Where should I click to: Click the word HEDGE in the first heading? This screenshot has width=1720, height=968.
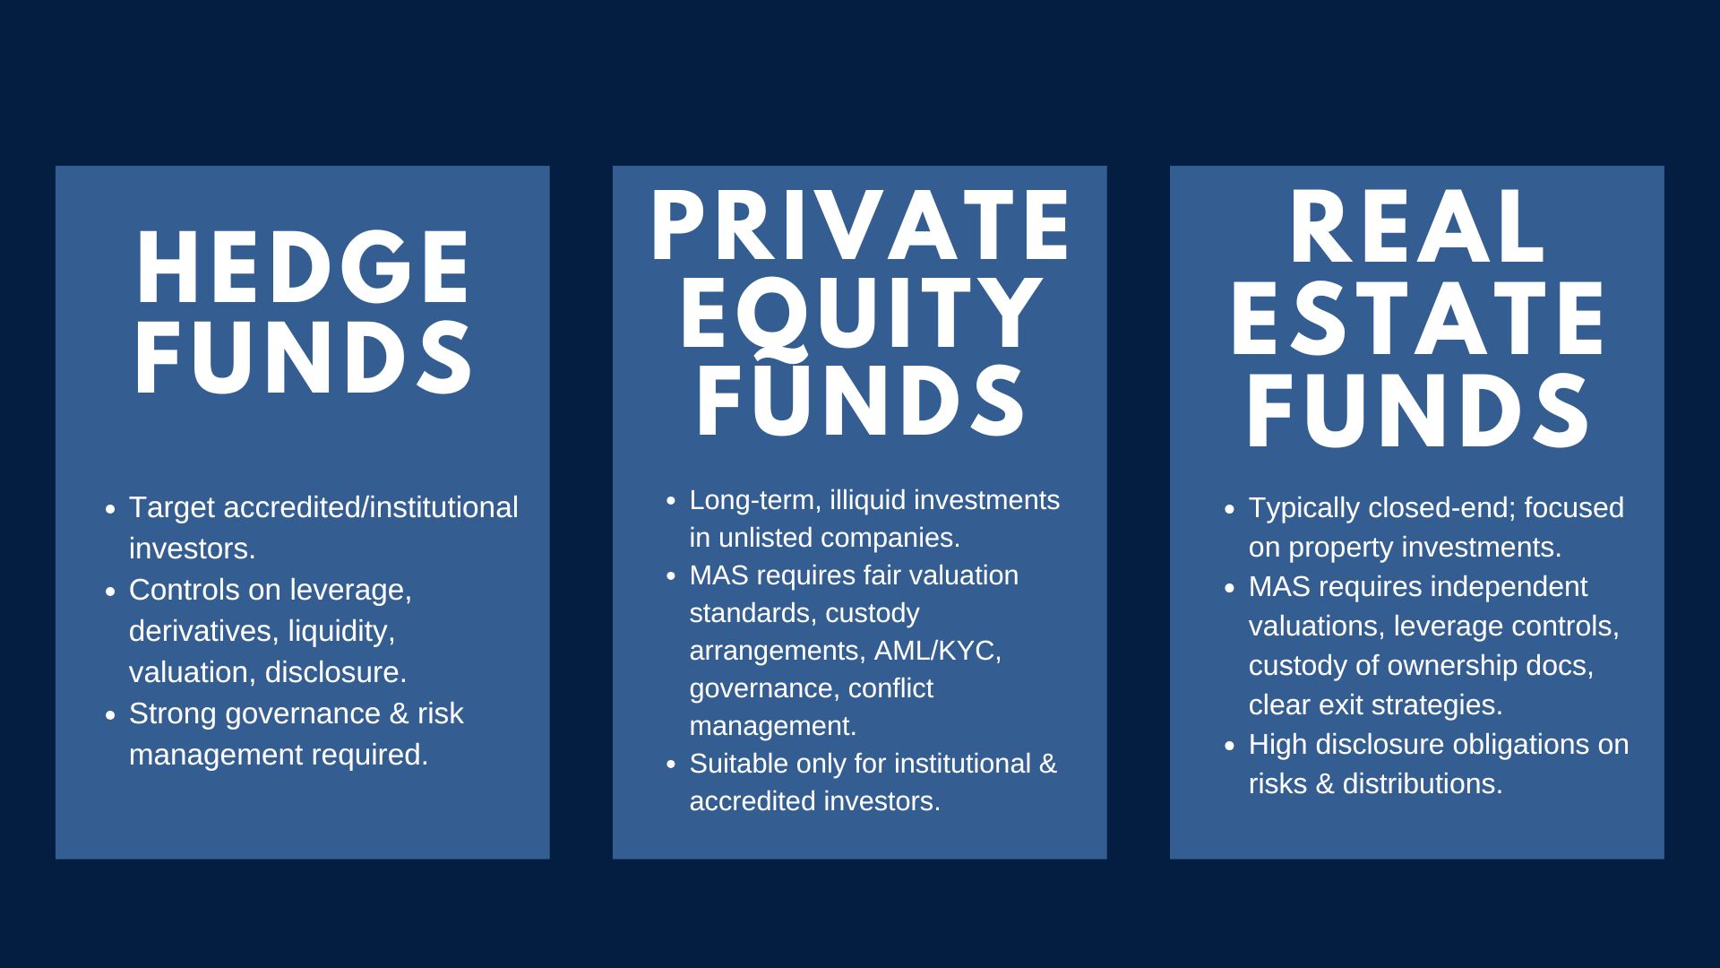tap(303, 269)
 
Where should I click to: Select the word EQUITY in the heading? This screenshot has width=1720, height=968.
tap(860, 314)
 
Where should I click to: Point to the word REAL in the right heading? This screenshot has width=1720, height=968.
tap(1417, 229)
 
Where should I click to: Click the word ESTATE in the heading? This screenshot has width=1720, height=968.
tap(1417, 321)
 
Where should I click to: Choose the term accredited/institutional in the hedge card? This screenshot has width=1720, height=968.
tap(370, 507)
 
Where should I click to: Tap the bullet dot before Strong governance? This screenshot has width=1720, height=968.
tap(110, 715)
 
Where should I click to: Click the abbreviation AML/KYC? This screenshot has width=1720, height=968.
tap(937, 651)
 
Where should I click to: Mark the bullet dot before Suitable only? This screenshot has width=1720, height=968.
tap(671, 765)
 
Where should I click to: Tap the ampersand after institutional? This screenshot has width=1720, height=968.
tap(1048, 764)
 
